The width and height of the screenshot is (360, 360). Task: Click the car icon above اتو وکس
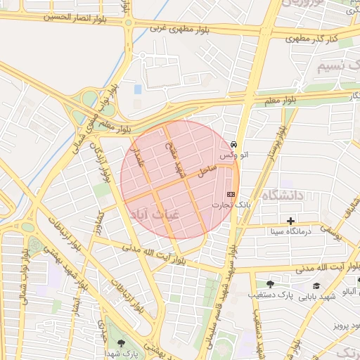pyautogui.click(x=233, y=143)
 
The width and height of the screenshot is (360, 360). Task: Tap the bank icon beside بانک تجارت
pyautogui.click(x=231, y=194)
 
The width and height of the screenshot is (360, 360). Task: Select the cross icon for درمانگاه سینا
pyautogui.click(x=290, y=221)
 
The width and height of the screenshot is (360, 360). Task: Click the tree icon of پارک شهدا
pyautogui.click(x=122, y=342)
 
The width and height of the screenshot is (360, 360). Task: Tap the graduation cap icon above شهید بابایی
pyautogui.click(x=317, y=285)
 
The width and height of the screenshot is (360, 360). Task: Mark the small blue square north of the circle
pyautogui.click(x=138, y=89)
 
